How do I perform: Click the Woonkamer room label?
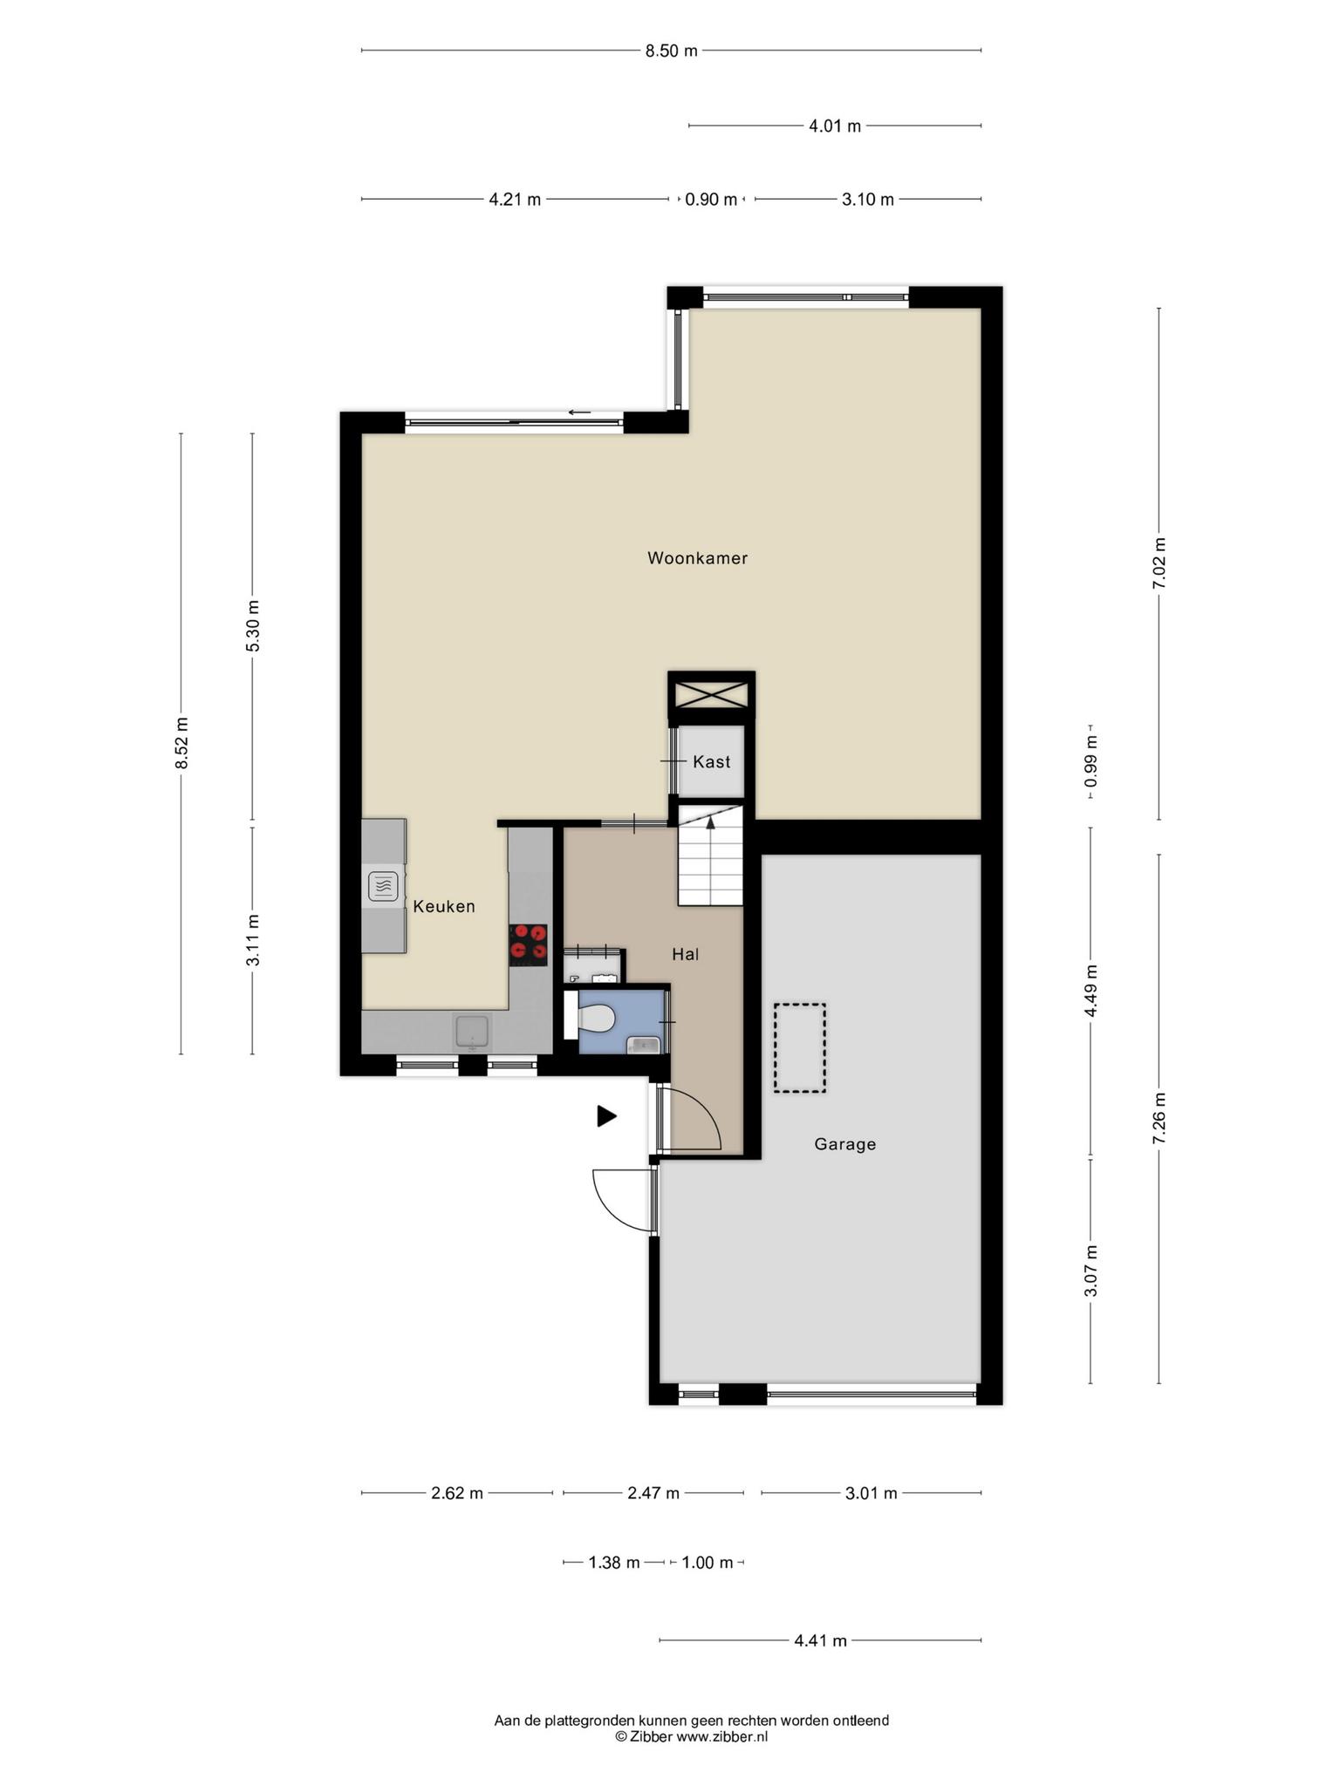click(x=697, y=558)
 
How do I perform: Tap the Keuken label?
click(x=444, y=906)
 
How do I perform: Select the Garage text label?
click(x=844, y=1144)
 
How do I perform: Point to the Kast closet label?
click(x=711, y=761)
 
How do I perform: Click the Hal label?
click(x=685, y=954)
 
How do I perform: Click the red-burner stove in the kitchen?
click(x=529, y=945)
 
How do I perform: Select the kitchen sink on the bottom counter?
click(x=473, y=1033)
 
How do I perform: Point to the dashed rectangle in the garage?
click(x=799, y=1047)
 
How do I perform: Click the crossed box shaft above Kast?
click(x=711, y=695)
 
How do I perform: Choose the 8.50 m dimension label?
click(x=671, y=51)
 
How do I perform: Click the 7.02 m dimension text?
click(x=1159, y=563)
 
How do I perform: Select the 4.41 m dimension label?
click(x=820, y=1640)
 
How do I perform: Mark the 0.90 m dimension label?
click(x=711, y=200)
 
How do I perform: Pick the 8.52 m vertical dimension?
click(x=181, y=743)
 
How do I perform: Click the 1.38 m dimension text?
click(x=614, y=1562)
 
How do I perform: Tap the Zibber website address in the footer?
click(x=721, y=1736)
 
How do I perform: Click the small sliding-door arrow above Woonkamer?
click(x=579, y=412)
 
